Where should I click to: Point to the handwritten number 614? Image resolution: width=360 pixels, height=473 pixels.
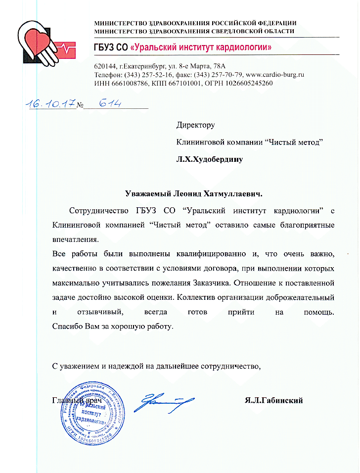(x=109, y=104)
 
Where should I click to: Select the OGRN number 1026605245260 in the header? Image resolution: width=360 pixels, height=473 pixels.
(x=241, y=83)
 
